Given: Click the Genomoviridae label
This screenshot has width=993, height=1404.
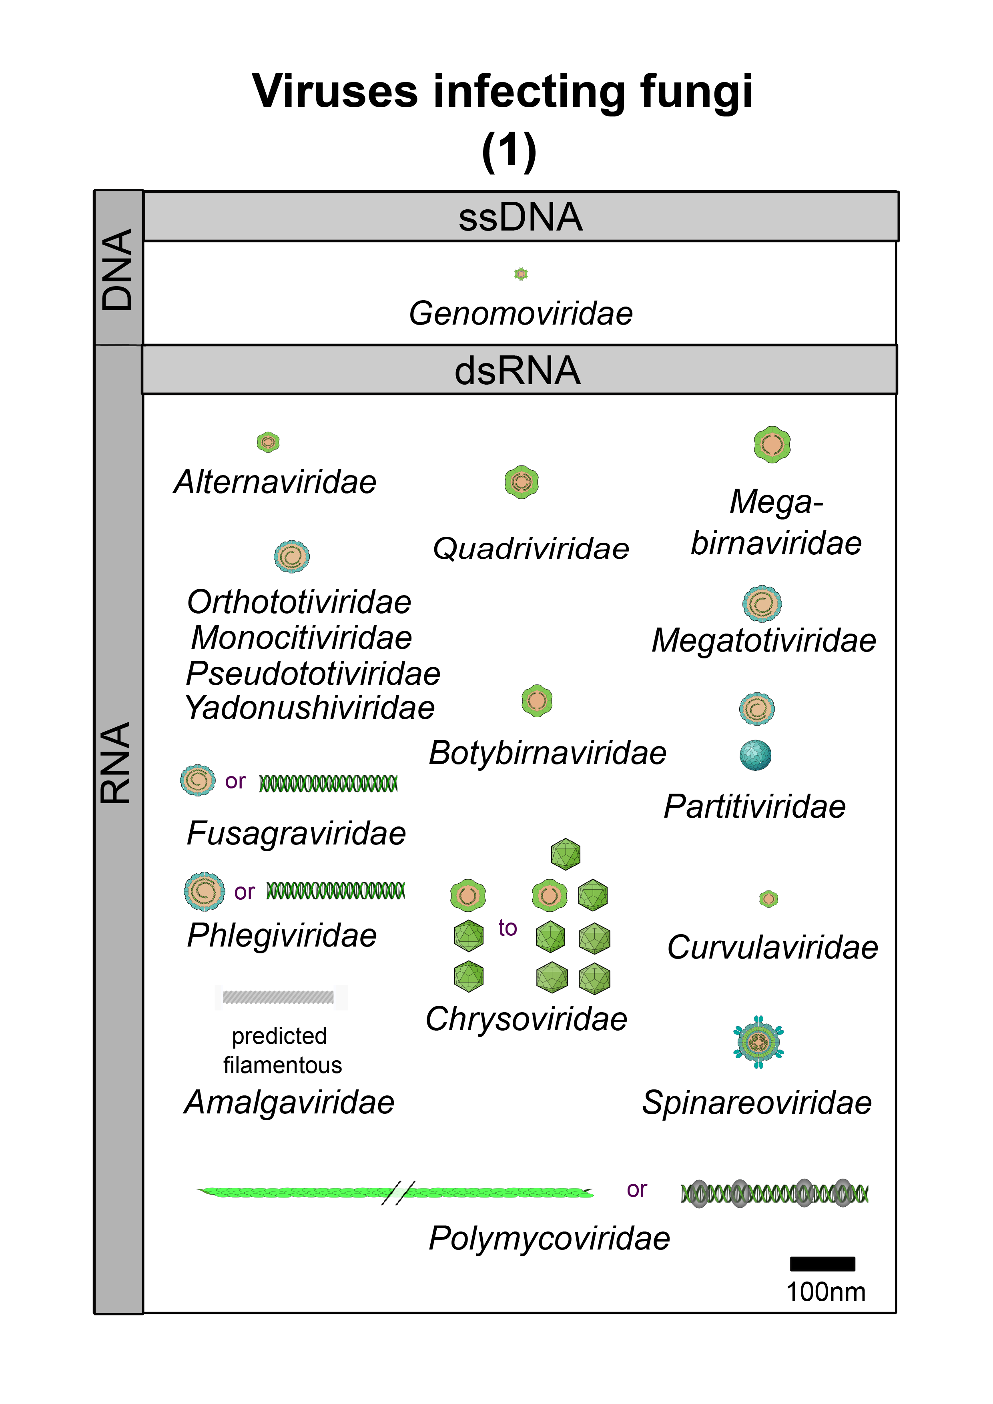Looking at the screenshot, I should [x=520, y=314].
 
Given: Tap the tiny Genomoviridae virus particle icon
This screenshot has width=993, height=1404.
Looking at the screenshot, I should [x=521, y=274].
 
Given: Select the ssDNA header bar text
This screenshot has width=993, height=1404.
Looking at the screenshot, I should [x=520, y=217].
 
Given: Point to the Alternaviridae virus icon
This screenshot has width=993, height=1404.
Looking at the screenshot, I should [x=268, y=441].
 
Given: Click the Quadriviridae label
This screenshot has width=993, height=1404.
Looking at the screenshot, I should [x=531, y=549].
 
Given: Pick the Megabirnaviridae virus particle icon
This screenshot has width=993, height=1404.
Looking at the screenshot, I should [x=772, y=445].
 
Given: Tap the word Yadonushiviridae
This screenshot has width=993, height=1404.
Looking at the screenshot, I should [x=309, y=708].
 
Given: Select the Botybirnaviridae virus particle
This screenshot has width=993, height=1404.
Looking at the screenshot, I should [x=537, y=701].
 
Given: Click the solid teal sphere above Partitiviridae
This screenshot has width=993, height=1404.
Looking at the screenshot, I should [x=755, y=755].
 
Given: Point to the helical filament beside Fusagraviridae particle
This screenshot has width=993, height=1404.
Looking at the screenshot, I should [x=328, y=783].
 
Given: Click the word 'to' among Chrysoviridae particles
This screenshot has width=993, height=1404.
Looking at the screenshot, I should [x=508, y=928].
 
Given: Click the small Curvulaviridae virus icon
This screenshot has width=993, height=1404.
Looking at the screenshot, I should [x=768, y=899].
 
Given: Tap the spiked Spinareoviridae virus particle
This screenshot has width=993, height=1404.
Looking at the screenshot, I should [x=758, y=1042].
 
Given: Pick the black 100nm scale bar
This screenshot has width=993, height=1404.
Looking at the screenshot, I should [x=822, y=1264].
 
